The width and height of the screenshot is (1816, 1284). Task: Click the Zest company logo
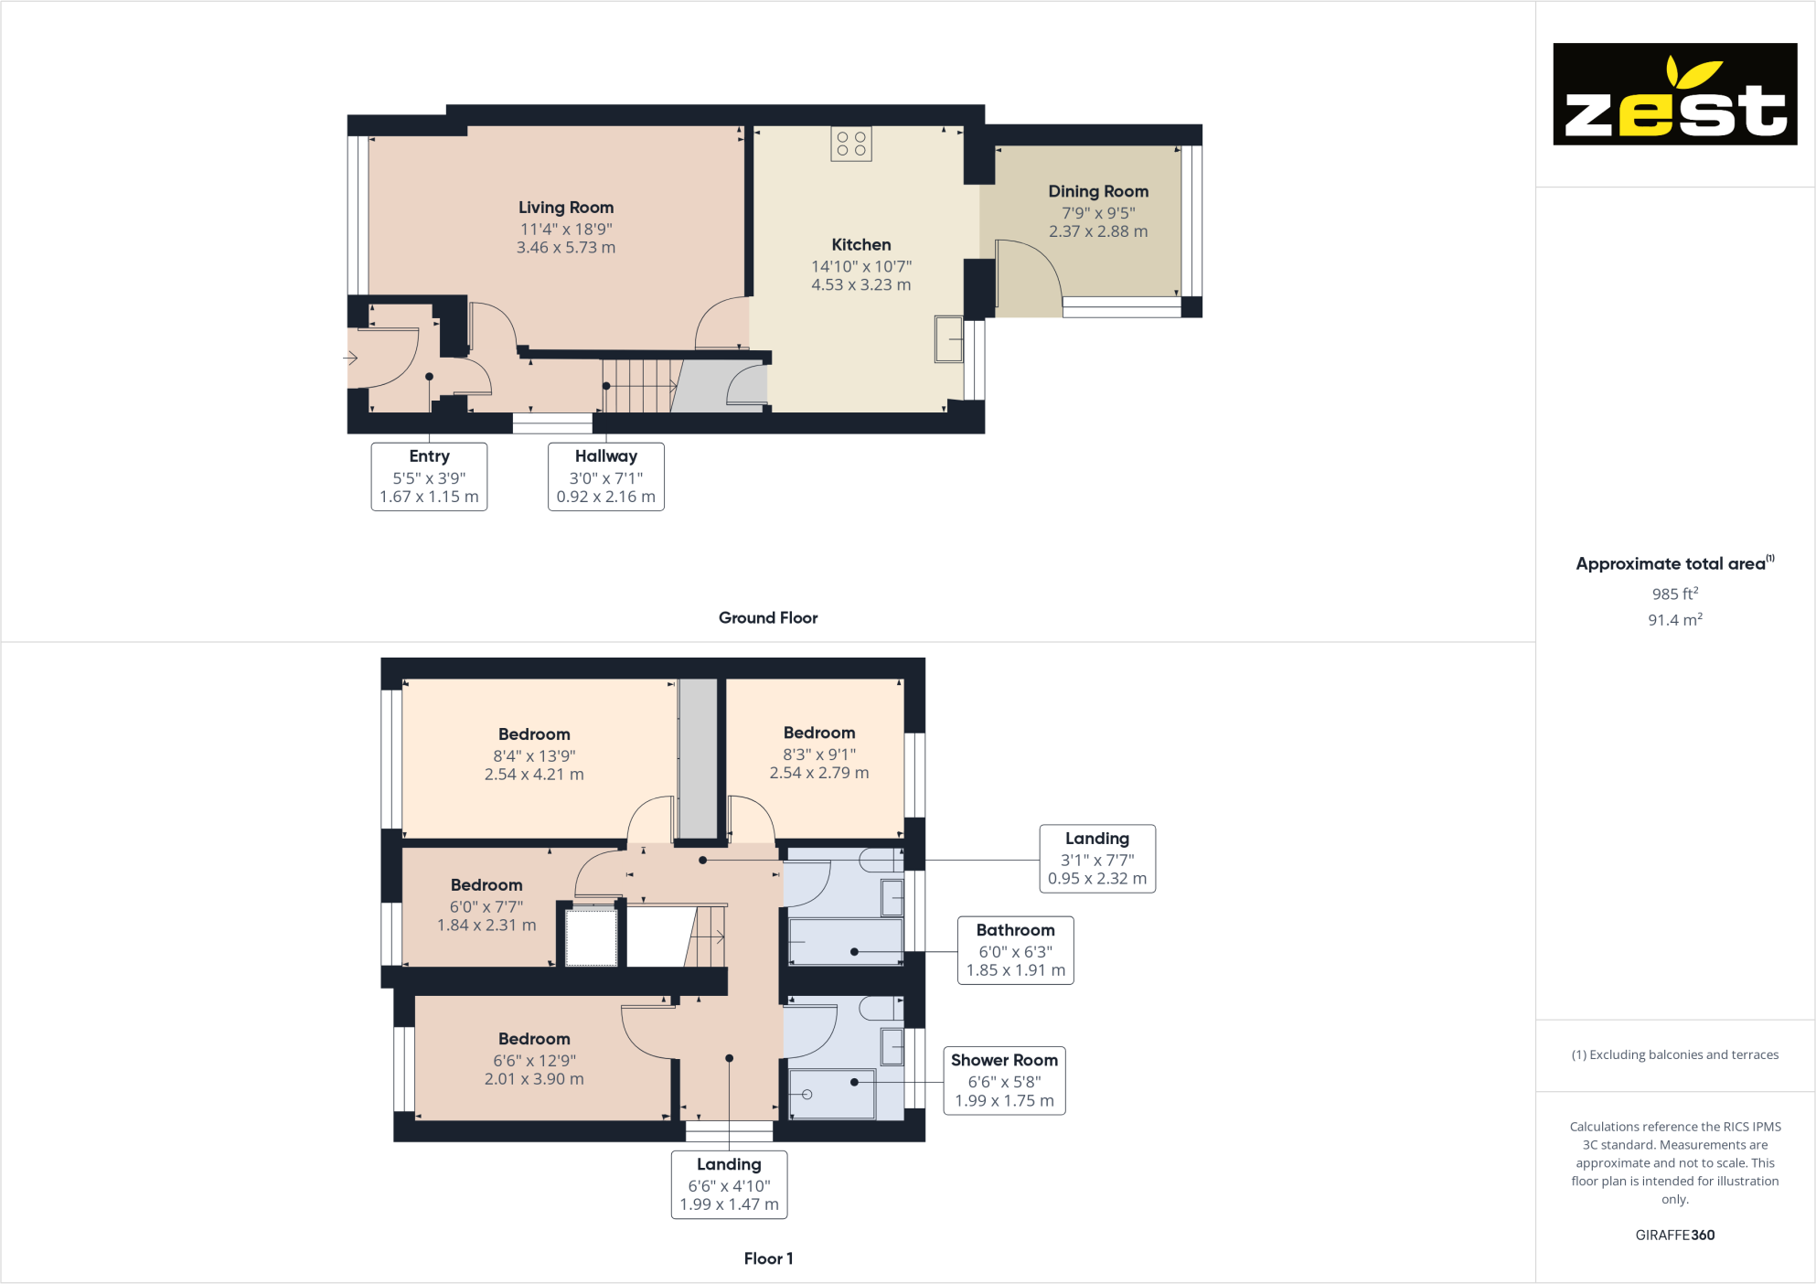click(x=1674, y=94)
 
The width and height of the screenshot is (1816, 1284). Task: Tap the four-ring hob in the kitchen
click(x=850, y=144)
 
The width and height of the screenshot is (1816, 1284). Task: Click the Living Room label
click(x=566, y=208)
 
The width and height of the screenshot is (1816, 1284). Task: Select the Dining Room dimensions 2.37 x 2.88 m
click(x=1097, y=232)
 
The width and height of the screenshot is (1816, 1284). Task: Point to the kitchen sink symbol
click(x=948, y=339)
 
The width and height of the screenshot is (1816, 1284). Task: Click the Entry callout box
click(x=429, y=476)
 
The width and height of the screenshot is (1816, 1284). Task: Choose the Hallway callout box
click(x=605, y=476)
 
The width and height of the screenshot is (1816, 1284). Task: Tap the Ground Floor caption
click(x=767, y=618)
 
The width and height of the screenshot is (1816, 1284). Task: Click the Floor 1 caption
click(x=767, y=1258)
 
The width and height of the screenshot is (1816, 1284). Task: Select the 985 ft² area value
click(x=1674, y=594)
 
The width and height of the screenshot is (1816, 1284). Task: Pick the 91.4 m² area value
click(x=1674, y=620)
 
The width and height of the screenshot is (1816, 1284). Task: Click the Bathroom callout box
click(x=1015, y=950)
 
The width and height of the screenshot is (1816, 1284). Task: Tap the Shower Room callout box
click(x=1004, y=1080)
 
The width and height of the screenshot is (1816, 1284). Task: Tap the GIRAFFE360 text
click(x=1674, y=1235)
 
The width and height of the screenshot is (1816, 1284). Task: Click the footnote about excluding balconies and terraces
click(x=1674, y=1055)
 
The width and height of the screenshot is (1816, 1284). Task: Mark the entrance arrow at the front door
click(x=351, y=358)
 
